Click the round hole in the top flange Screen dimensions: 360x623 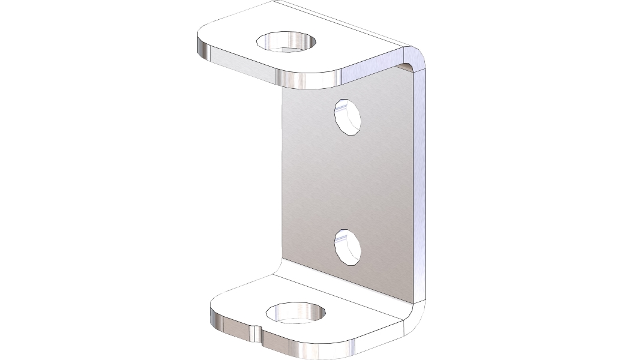(x=287, y=42)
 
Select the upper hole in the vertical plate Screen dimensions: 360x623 (x=348, y=116)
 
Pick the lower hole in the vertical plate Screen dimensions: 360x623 (x=348, y=246)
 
